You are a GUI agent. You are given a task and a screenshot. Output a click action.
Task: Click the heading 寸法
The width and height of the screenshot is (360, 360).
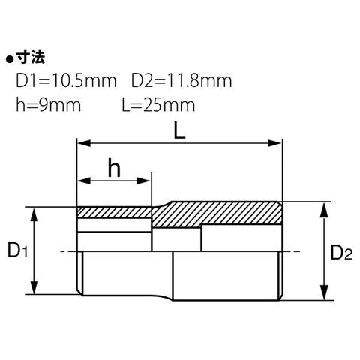(31, 58)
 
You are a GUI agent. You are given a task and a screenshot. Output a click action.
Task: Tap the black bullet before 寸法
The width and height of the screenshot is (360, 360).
(10, 60)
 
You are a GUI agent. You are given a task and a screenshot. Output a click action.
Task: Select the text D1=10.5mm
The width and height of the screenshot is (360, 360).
(66, 81)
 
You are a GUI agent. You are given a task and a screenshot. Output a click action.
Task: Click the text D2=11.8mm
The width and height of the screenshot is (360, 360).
(181, 81)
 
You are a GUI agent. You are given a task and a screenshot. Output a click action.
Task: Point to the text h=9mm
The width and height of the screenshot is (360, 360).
(48, 105)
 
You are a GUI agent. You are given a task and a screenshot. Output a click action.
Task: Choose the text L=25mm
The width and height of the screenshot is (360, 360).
(158, 105)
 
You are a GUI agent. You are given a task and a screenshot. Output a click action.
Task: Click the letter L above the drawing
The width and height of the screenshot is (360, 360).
(179, 130)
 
